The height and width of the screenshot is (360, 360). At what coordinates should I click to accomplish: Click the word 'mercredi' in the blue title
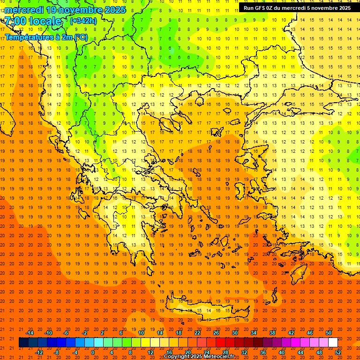pyautogui.click(x=24, y=10)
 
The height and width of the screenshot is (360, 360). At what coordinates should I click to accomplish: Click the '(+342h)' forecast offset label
pyautogui.click(x=83, y=21)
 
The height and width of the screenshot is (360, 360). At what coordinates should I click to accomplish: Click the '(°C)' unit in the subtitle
pyautogui.click(x=80, y=37)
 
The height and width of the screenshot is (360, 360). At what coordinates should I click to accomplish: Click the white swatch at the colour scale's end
pyautogui.click(x=333, y=343)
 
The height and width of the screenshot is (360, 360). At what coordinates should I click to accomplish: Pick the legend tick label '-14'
pyautogui.click(x=30, y=333)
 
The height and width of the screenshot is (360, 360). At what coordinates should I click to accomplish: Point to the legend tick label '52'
pyautogui.click(x=338, y=352)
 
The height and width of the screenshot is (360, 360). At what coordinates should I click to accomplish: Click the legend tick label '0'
pyautogui.click(x=93, y=352)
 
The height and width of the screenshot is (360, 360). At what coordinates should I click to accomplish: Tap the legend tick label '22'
pyautogui.click(x=197, y=333)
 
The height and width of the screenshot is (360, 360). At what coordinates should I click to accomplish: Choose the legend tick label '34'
pyautogui.click(x=254, y=333)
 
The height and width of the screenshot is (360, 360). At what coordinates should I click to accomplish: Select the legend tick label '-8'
pyautogui.click(x=56, y=352)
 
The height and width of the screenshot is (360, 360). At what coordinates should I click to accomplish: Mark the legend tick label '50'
pyautogui.click(x=329, y=333)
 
